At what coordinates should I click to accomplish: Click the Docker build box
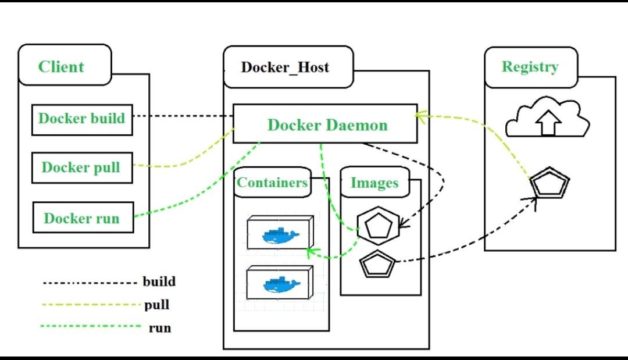tap(82, 119)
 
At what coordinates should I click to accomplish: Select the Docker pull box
tap(81, 168)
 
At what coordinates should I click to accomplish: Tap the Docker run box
tap(83, 219)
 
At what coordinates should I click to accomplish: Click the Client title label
tap(62, 66)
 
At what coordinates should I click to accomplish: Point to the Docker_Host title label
tap(286, 67)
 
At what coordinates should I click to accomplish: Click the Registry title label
tap(530, 66)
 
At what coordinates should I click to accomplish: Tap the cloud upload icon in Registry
tap(548, 117)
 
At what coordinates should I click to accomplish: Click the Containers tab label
tap(272, 183)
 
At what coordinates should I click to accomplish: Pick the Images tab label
tap(374, 183)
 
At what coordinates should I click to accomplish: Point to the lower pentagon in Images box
tap(378, 265)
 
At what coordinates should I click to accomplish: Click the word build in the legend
tap(159, 282)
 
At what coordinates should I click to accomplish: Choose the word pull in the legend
tap(157, 305)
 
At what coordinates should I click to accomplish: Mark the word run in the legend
tap(160, 328)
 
